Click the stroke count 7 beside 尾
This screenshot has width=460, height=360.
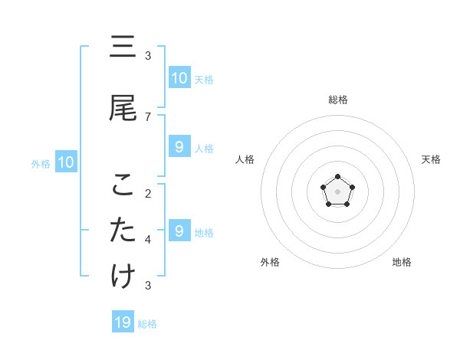tap(148, 116)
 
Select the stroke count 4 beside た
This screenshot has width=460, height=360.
tap(148, 239)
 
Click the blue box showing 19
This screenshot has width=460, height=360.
tap(123, 322)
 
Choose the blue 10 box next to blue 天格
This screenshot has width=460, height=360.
tap(179, 78)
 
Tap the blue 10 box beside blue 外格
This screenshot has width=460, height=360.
tap(65, 162)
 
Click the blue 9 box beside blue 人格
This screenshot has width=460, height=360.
tap(179, 147)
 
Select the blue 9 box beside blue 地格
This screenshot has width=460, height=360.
tap(179, 231)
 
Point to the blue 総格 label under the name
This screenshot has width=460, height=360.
tap(147, 324)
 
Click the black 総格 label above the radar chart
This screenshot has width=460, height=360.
tap(338, 100)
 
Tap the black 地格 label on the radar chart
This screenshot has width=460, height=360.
tap(402, 262)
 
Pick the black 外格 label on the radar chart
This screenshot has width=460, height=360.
tap(270, 262)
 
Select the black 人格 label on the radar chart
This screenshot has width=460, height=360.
tap(245, 159)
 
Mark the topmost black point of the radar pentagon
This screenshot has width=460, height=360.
tap(338, 178)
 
